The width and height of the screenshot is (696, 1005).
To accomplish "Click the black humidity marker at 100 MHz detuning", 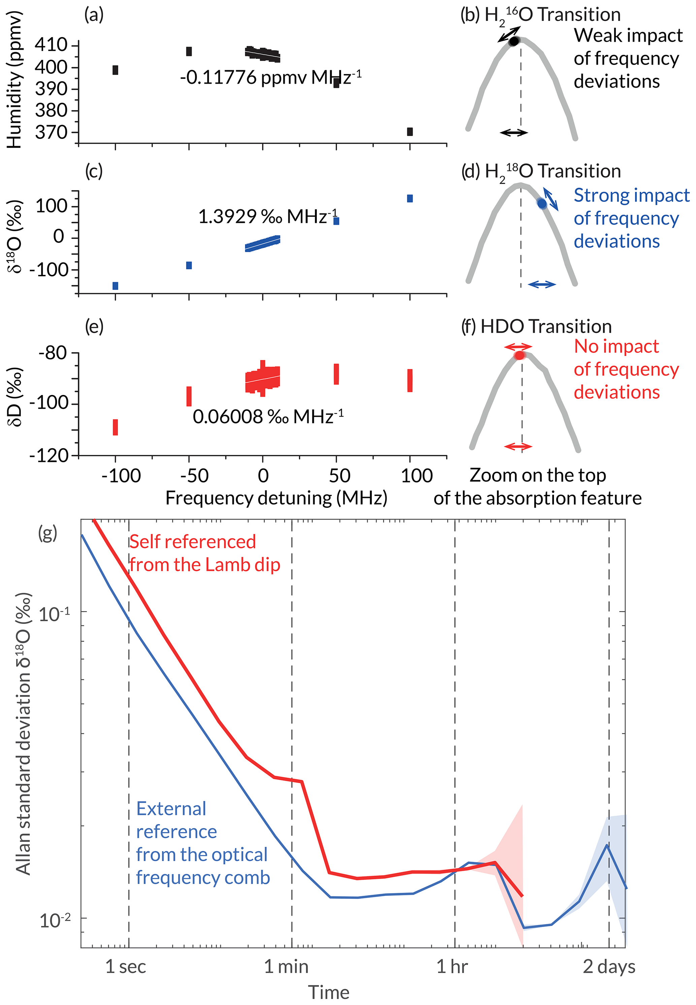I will (409, 132).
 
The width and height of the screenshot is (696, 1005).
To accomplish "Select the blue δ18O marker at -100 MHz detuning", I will (115, 286).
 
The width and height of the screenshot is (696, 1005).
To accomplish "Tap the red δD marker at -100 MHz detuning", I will (115, 427).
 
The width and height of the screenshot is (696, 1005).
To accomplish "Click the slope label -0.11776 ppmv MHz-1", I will (270, 77).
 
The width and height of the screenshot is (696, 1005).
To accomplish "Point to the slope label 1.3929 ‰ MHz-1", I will (268, 216).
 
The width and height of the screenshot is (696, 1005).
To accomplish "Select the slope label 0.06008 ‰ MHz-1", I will (268, 417).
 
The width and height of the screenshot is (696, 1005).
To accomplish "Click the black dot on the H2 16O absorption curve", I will (514, 41).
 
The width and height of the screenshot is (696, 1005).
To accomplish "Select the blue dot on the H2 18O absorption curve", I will (542, 204).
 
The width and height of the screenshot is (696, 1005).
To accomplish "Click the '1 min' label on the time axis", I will (286, 966).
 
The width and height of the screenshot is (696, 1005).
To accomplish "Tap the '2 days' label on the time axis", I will (609, 966).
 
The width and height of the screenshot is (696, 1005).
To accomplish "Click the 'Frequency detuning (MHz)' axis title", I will (276, 498).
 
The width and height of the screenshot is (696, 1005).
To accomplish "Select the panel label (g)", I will (47, 533).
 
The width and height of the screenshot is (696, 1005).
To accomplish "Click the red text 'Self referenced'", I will (192, 541).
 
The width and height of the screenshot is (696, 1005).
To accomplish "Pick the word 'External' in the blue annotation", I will (171, 809).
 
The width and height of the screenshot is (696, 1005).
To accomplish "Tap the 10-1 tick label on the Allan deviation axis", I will (55, 614).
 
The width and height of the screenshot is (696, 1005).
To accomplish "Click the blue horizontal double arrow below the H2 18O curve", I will (542, 284).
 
